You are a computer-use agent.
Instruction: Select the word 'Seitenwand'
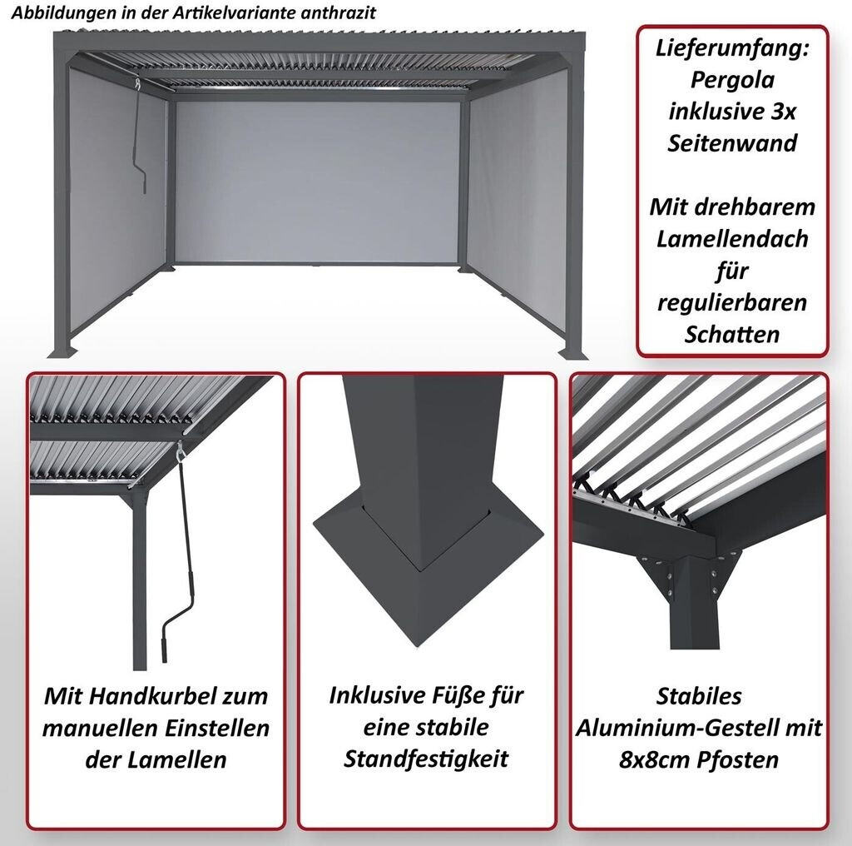pyautogui.click(x=733, y=142)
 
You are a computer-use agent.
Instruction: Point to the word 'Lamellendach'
pyautogui.click(x=733, y=239)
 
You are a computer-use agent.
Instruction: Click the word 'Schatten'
pyautogui.click(x=733, y=334)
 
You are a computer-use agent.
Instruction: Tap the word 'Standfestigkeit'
pyautogui.click(x=427, y=759)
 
